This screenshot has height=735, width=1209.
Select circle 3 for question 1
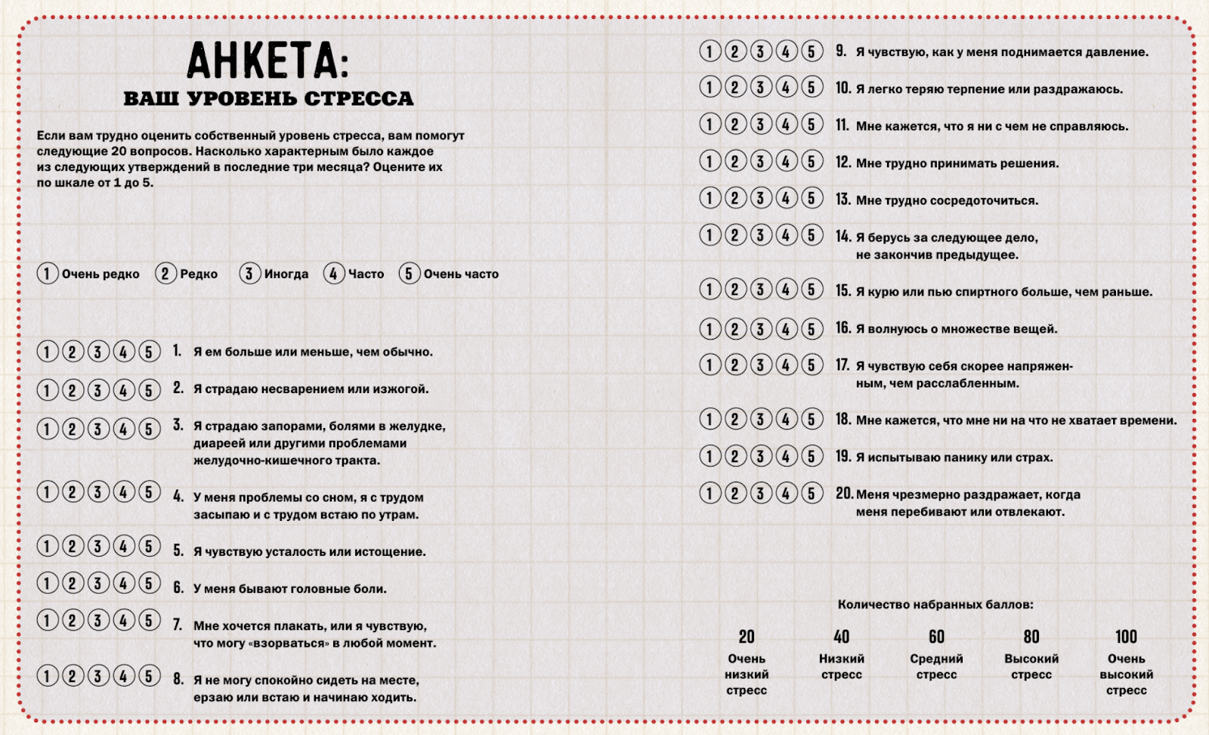[x=98, y=352]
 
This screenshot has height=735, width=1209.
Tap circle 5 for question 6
[x=150, y=583]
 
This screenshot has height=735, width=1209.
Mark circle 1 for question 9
[x=710, y=51]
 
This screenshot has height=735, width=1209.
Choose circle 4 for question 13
[x=787, y=198]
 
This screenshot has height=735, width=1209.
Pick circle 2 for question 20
[x=735, y=494]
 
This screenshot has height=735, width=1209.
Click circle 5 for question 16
[x=812, y=329]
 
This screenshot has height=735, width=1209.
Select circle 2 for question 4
[x=73, y=492]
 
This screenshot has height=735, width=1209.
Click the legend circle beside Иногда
[x=249, y=274]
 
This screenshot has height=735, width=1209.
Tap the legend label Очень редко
[x=100, y=274]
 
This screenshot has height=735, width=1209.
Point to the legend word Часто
[x=366, y=274]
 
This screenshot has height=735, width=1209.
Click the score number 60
[x=936, y=637]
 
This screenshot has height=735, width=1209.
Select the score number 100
[x=1126, y=637]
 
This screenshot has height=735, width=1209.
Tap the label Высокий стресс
[x=1031, y=667]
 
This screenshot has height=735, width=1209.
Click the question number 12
[x=843, y=162]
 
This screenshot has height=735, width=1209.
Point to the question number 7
[x=178, y=625]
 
